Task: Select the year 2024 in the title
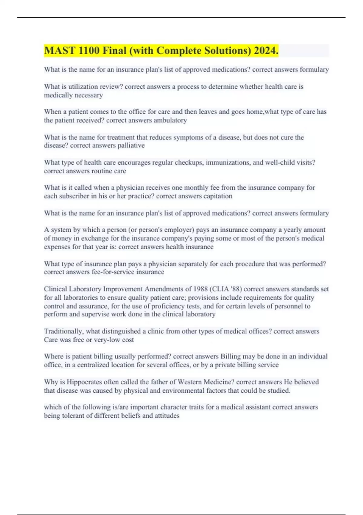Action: pyautogui.click(x=266, y=51)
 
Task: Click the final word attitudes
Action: pyautogui.click(x=167, y=416)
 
